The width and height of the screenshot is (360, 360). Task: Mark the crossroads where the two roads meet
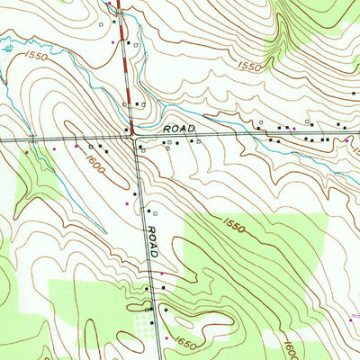(136, 139)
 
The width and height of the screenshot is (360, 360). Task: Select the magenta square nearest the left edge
(27, 152)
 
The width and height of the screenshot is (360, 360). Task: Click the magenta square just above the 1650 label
(165, 337)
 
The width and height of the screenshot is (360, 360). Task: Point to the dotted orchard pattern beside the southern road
(141, 322)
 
